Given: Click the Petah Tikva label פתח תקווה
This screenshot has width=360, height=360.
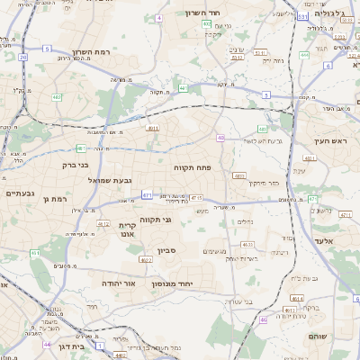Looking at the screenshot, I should pyautogui.click(x=192, y=167).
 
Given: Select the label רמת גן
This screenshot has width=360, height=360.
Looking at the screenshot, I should pyautogui.click(x=55, y=198).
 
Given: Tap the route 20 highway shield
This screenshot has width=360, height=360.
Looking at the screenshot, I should pyautogui.click(x=22, y=57).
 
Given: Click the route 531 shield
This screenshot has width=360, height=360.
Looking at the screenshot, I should pyautogui.click(x=303, y=16).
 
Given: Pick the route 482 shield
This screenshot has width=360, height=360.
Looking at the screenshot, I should pyautogui.click(x=57, y=97).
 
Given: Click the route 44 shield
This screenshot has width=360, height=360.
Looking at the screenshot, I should pyautogui.click(x=47, y=343).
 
